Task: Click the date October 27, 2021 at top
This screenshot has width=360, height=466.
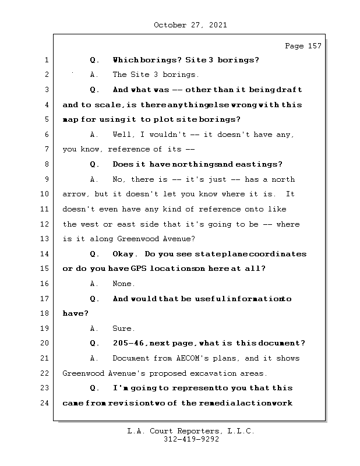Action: point(190,25)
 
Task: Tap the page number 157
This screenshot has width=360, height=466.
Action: point(314,46)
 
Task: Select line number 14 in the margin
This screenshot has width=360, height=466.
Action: point(47,254)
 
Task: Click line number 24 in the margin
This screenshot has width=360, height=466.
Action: point(47,403)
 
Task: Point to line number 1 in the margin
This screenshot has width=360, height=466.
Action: point(47,60)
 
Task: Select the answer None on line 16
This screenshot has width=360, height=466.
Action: point(123,284)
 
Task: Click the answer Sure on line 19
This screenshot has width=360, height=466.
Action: point(123,329)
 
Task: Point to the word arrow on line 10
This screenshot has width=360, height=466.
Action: point(75,194)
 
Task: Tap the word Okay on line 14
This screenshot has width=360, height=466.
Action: point(125,254)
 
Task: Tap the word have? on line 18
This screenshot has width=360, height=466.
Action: point(75,313)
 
